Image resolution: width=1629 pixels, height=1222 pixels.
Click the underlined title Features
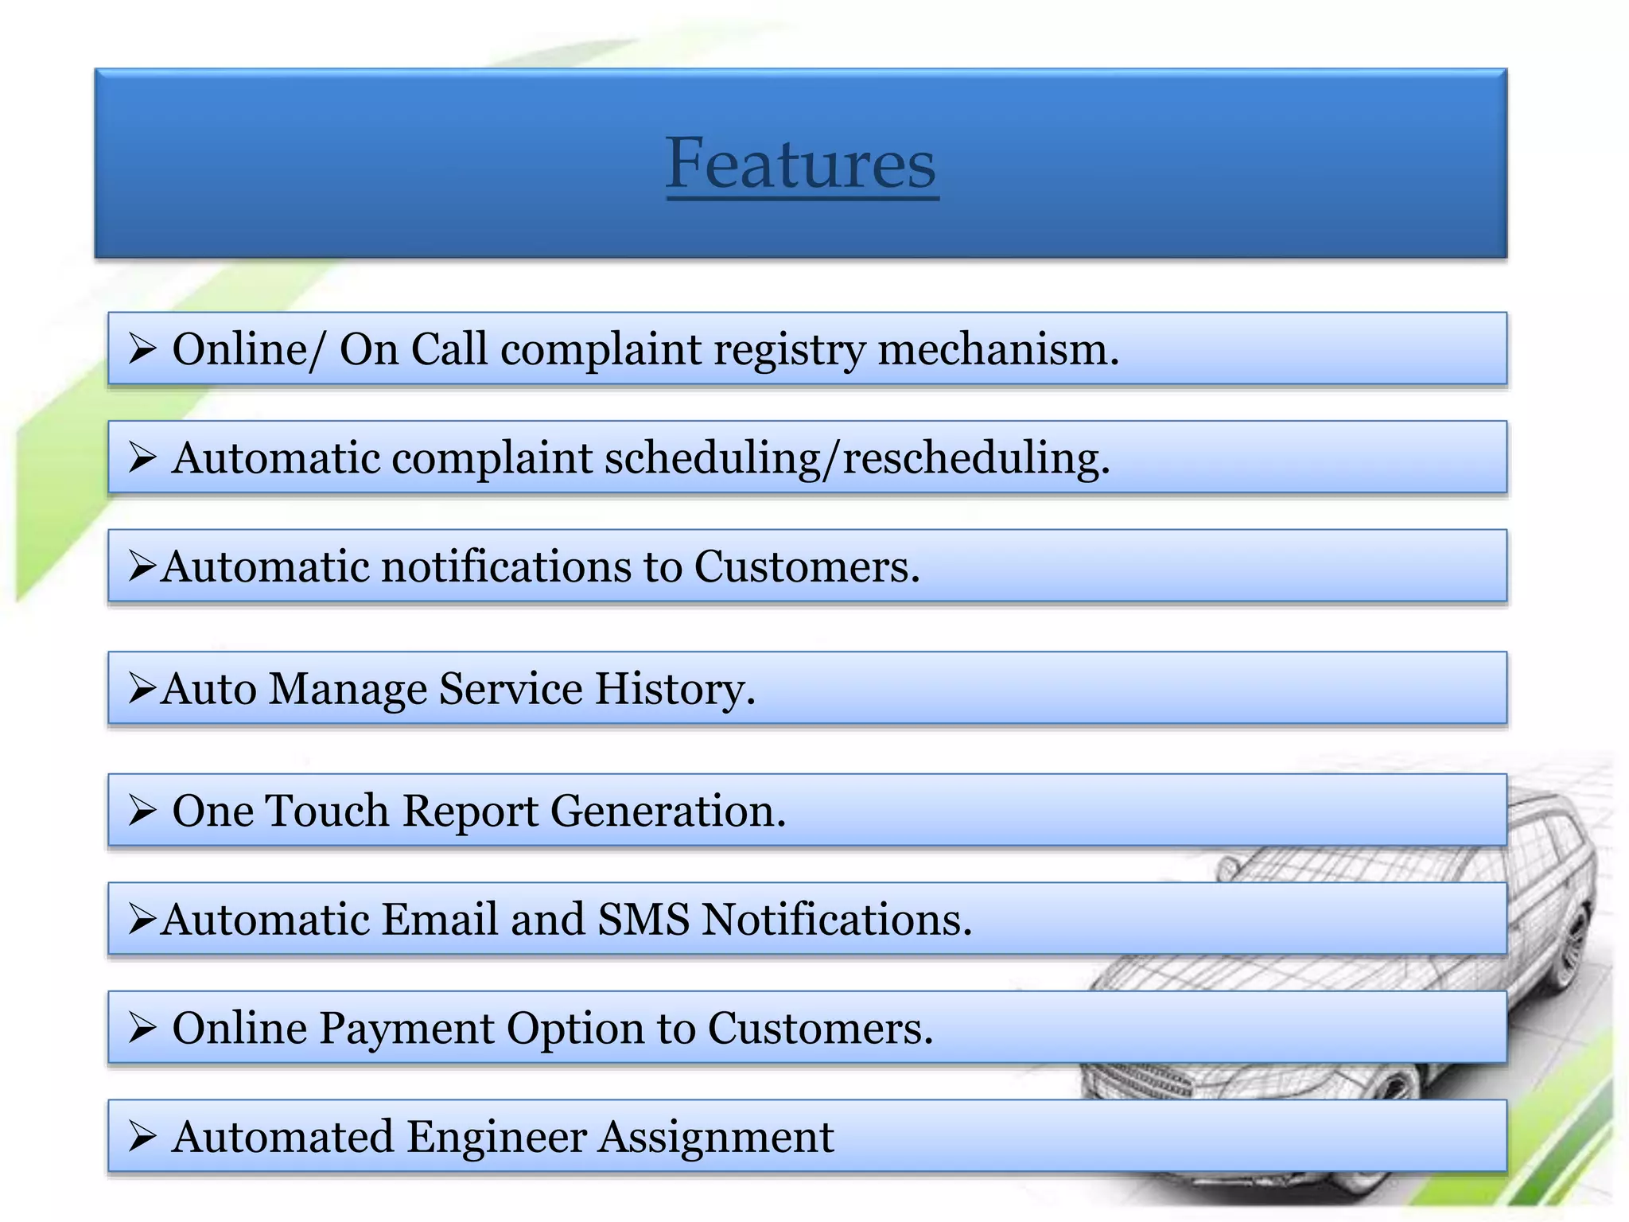pyautogui.click(x=801, y=163)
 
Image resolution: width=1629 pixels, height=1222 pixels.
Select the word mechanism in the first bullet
pyautogui.click(x=997, y=350)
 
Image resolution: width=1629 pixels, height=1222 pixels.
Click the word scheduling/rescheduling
pyautogui.click(x=856, y=459)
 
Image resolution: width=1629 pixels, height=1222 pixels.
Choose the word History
pyautogui.click(x=675, y=689)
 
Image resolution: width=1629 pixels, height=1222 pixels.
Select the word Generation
pyautogui.click(x=667, y=811)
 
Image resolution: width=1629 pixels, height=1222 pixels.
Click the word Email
pyautogui.click(x=440, y=920)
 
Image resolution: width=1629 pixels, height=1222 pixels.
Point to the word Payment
pyautogui.click(x=406, y=1029)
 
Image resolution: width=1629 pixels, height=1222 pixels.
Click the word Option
pyautogui.click(x=575, y=1029)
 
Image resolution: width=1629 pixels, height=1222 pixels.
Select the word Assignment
pyautogui.click(x=716, y=1137)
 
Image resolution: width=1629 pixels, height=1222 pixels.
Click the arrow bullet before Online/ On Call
pyautogui.click(x=142, y=349)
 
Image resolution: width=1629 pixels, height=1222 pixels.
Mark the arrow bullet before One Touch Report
pyautogui.click(x=142, y=811)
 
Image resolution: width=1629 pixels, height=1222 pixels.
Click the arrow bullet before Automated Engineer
pyautogui.click(x=142, y=1137)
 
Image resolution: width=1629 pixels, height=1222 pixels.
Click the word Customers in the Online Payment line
pyautogui.click(x=820, y=1029)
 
